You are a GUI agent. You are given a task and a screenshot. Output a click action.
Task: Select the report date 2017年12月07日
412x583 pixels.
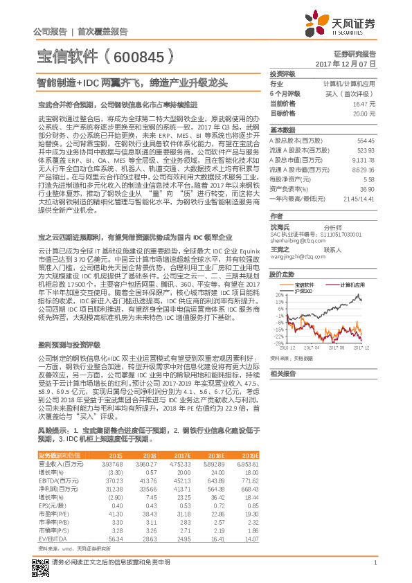[x=349, y=63]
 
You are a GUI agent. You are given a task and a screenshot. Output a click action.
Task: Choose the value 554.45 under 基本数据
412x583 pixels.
[x=366, y=140]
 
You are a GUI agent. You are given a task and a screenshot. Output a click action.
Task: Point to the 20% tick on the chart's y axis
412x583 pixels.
[x=278, y=293]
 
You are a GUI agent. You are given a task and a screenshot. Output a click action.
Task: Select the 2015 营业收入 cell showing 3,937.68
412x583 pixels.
[x=111, y=464]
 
